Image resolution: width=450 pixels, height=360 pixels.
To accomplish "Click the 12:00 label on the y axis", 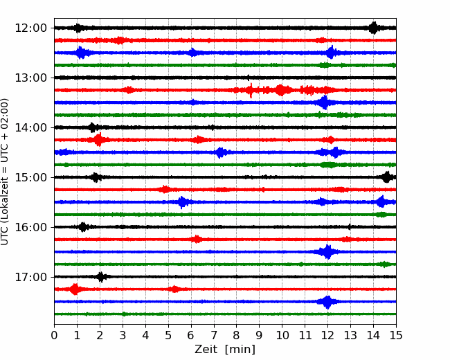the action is pos(30,28).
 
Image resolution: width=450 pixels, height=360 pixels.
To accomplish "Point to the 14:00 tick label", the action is pos(30,127).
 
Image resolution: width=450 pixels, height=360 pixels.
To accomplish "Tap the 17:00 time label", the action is pos(30,277).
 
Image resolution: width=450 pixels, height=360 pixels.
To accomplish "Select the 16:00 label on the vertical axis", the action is pos(30,227).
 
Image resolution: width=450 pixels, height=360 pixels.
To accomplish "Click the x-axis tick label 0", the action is pos(54,335).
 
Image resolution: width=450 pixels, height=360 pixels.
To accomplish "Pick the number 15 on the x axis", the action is pos(396,335).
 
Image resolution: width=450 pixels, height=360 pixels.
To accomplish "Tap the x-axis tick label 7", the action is pos(214,335).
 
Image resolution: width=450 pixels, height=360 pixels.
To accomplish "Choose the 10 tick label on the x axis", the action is pos(282,335).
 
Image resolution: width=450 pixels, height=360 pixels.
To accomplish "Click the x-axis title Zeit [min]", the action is pos(225,349).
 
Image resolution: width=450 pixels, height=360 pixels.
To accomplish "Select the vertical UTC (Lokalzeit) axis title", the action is pos(5,172).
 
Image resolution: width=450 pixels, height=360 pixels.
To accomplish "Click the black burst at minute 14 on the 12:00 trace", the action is pos(373,28).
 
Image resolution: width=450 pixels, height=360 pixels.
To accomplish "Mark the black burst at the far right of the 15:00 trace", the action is pos(386,177).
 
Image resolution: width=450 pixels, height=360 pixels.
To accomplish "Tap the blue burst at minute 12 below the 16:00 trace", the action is pos(327,252).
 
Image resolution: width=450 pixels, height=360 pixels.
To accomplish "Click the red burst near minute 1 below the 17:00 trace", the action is pos(75,289).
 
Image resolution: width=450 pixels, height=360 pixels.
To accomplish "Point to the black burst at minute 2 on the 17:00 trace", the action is pos(101,277).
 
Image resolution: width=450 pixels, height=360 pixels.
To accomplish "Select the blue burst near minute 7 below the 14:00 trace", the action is pos(220,152).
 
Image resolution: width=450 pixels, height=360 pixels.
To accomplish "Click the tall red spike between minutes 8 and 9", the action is pos(251,91).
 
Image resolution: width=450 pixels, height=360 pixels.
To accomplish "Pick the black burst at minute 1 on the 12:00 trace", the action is pos(78,28).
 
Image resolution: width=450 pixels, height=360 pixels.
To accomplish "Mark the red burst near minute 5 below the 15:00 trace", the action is pos(165,190).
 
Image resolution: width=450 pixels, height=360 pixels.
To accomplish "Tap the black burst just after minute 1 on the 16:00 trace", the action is pos(83,227).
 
